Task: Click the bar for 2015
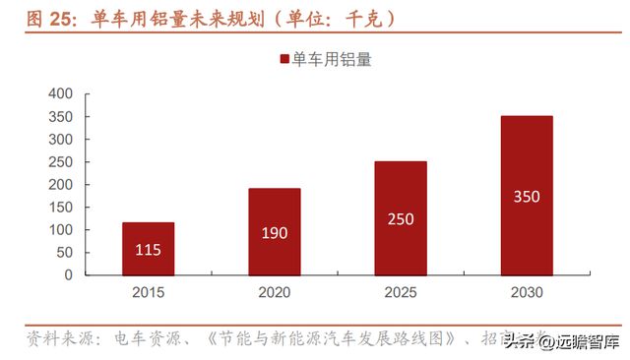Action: [148, 248]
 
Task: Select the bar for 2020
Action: [274, 231]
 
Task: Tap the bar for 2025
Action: [400, 217]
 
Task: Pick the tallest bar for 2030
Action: [526, 195]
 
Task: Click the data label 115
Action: [148, 250]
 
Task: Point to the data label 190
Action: [274, 233]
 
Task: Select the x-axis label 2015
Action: [148, 292]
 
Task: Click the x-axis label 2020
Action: [274, 292]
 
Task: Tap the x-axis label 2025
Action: [400, 292]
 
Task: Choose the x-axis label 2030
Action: [526, 292]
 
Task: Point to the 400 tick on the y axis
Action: [61, 94]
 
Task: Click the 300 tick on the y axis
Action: [61, 140]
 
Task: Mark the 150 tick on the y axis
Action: [61, 208]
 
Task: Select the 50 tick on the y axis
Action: [65, 253]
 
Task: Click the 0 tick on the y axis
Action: [69, 275]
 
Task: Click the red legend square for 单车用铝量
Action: [284, 59]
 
